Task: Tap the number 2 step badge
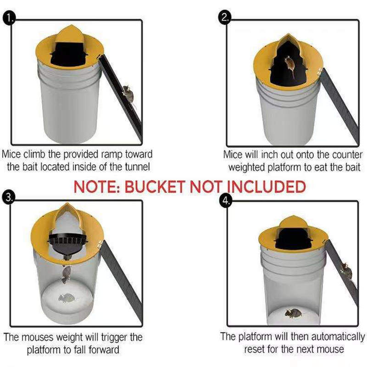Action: (x=225, y=18)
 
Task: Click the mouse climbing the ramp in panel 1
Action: (x=128, y=94)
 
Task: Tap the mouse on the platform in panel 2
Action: (x=289, y=64)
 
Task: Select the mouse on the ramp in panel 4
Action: (x=346, y=271)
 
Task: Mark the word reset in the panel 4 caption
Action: (x=255, y=349)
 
